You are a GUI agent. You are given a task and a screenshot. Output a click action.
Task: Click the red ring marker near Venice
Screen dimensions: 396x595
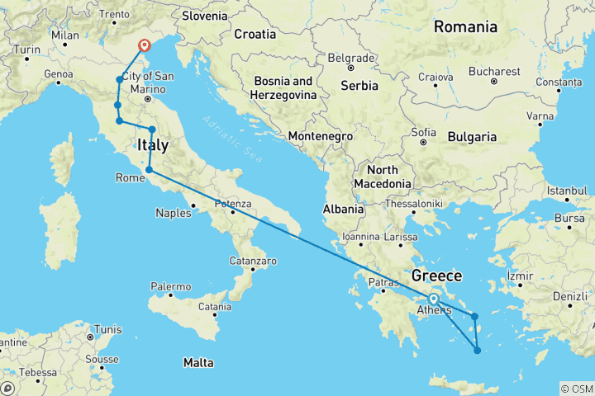point(144,46)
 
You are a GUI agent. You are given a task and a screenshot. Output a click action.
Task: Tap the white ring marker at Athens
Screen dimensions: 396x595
point(433,299)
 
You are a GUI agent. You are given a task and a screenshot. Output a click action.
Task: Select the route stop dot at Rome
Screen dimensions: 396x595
point(149,170)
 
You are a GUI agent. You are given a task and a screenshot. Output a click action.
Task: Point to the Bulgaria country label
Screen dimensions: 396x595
point(469,136)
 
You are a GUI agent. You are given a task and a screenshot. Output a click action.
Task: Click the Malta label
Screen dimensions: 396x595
point(198,363)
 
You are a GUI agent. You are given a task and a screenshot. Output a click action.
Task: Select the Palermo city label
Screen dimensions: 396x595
point(170,286)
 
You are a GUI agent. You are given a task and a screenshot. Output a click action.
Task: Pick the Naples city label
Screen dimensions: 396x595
point(174,213)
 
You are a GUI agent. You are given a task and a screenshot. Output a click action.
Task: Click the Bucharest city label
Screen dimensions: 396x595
point(494,72)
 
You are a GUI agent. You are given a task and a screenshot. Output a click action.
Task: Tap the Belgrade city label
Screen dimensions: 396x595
point(350,59)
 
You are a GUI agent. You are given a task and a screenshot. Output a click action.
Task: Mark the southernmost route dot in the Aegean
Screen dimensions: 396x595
point(478,351)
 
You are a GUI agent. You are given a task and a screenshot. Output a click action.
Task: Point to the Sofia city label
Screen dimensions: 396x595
point(424,131)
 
